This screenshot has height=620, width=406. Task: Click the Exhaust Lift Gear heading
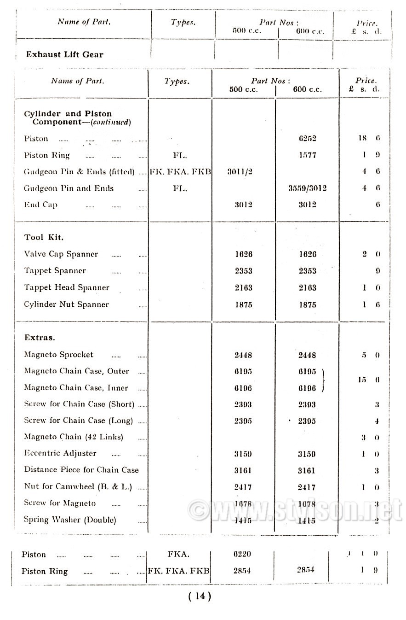click(64, 54)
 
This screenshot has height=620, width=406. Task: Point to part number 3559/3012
click(307, 188)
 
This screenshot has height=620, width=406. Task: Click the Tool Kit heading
click(44, 238)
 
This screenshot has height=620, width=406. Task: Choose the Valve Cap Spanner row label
click(61, 254)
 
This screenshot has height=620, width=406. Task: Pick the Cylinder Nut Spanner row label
click(66, 304)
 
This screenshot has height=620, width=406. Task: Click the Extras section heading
click(40, 338)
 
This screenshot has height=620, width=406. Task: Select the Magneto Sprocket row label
click(58, 355)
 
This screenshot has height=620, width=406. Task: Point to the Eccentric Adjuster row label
click(60, 453)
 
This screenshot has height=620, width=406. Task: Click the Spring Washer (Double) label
click(70, 520)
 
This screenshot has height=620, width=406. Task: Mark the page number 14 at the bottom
click(200, 596)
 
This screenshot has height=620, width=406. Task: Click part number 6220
click(242, 554)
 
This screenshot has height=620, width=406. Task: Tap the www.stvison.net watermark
click(294, 510)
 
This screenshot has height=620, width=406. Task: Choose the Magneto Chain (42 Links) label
click(74, 437)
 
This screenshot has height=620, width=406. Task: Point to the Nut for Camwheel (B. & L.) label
click(78, 486)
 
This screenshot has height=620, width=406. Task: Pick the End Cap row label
click(40, 205)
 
